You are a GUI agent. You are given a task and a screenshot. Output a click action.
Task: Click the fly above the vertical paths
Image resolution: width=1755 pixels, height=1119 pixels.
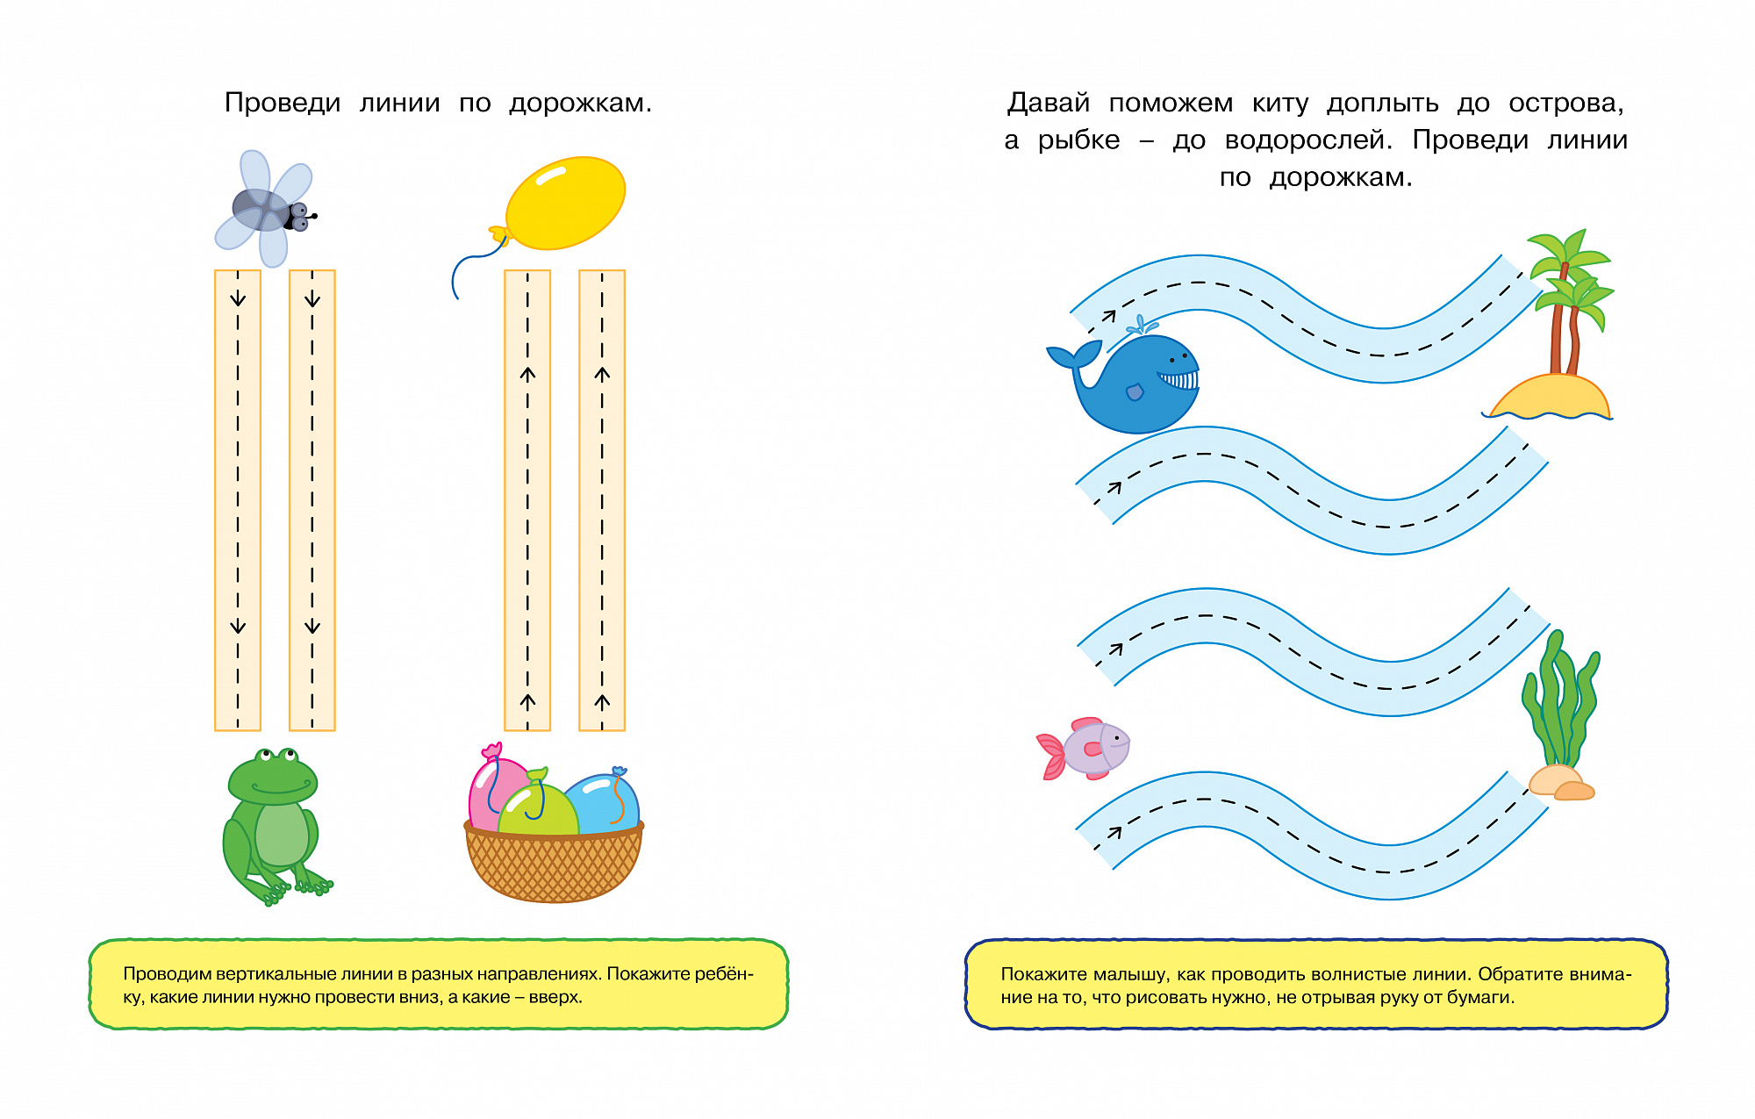tap(266, 209)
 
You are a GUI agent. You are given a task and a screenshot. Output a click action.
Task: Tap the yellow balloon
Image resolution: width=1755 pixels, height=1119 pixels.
tap(565, 203)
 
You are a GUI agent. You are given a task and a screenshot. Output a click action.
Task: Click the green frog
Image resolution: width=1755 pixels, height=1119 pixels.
tap(275, 825)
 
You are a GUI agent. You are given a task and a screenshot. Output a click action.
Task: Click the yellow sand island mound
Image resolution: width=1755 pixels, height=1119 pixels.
tap(1550, 397)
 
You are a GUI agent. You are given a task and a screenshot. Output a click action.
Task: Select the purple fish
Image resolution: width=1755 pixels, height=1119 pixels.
tap(1085, 749)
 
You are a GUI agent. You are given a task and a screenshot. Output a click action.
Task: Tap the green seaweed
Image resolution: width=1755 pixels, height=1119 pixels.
tap(1561, 702)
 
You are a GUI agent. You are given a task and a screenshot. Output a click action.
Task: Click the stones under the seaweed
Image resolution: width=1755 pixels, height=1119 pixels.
tap(1560, 783)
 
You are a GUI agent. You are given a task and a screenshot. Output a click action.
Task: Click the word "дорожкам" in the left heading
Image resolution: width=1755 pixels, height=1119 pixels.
tap(580, 103)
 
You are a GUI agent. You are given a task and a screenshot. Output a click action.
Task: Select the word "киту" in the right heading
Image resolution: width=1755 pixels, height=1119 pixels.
tap(1280, 104)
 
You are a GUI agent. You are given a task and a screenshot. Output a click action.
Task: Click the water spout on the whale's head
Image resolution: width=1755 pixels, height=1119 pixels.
tap(1141, 325)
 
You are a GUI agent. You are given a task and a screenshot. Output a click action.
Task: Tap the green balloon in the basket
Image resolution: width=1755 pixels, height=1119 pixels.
tap(537, 807)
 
